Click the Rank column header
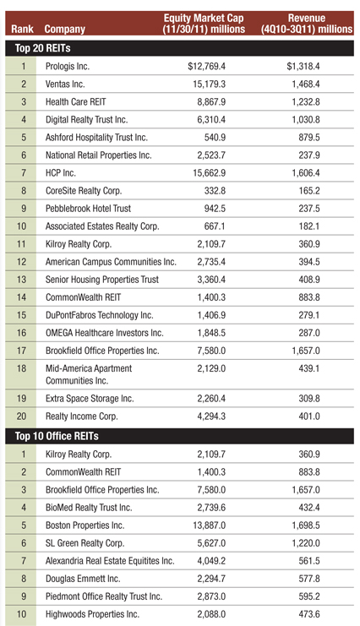(x=22, y=29)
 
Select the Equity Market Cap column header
(x=204, y=24)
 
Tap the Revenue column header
(x=307, y=24)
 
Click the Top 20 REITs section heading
(x=43, y=48)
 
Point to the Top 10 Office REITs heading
(x=57, y=436)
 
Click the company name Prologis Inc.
(x=67, y=66)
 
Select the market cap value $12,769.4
(x=206, y=66)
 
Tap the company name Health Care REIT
(x=75, y=102)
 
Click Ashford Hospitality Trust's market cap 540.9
(x=215, y=138)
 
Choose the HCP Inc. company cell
(x=60, y=173)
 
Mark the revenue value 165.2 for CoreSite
(x=309, y=191)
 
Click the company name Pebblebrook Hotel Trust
(x=88, y=209)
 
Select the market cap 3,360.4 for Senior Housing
(x=211, y=280)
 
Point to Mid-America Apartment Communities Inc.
(x=89, y=374)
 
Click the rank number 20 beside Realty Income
(x=22, y=416)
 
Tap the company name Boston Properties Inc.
(x=85, y=525)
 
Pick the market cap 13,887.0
(x=210, y=525)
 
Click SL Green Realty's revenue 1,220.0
(x=306, y=543)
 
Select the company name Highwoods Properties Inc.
(x=92, y=614)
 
